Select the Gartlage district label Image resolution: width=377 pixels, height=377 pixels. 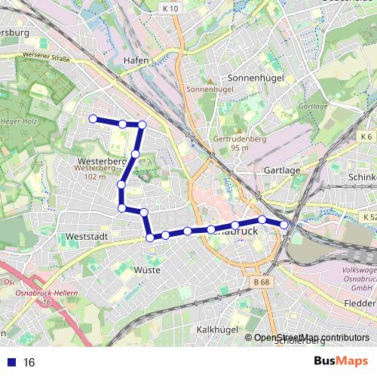tap(282, 170)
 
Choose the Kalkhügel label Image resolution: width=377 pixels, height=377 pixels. tap(217, 329)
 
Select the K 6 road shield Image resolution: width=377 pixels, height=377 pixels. tap(366, 136)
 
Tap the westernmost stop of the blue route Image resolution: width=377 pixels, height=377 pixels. tap(93, 118)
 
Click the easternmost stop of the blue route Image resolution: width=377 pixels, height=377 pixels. tap(284, 225)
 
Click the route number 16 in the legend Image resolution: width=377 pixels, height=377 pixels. tap(29, 363)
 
